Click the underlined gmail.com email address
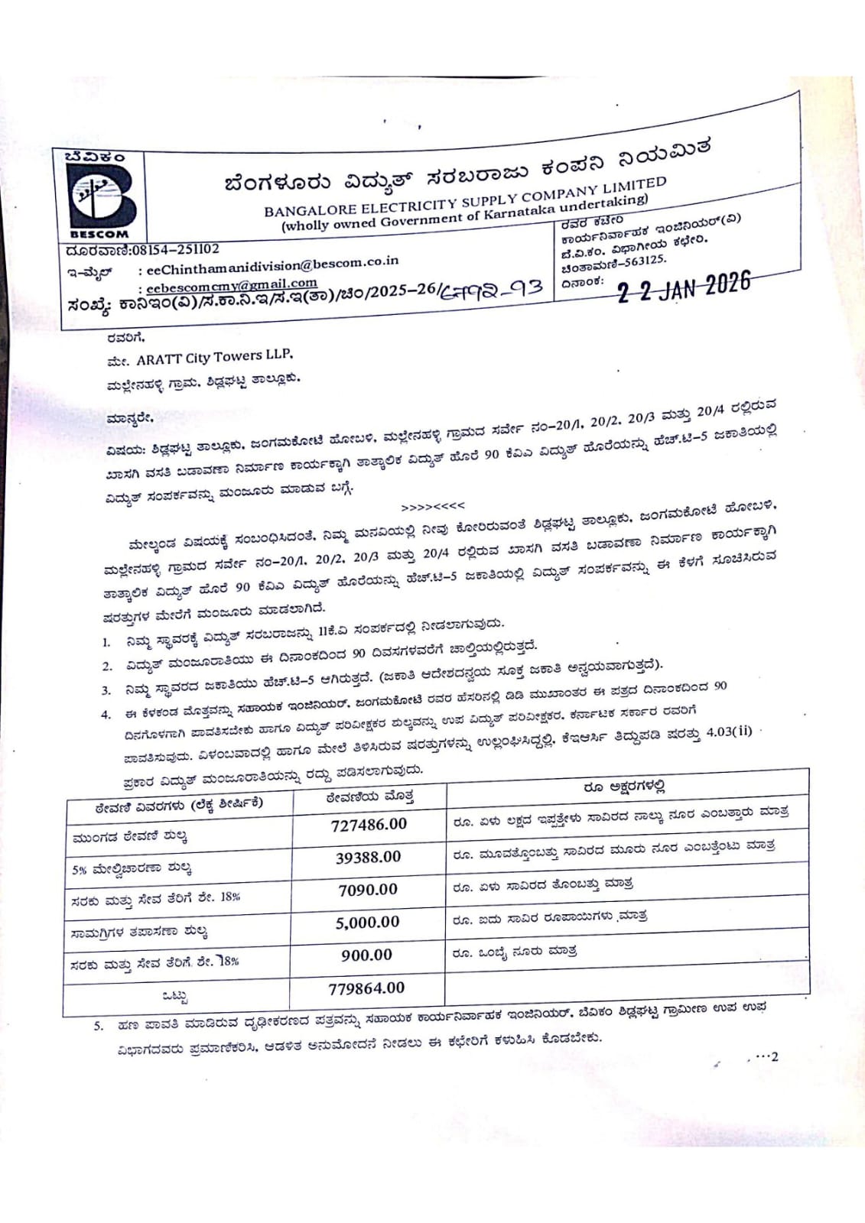click(x=231, y=285)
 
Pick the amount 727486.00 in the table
click(x=369, y=825)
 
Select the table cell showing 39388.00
click(x=368, y=858)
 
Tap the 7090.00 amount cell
click(x=368, y=890)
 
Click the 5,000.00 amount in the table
click(x=367, y=923)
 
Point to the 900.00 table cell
click(x=366, y=955)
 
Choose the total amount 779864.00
click(x=366, y=988)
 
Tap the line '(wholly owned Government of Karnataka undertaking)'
click(x=464, y=213)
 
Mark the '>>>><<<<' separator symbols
click(x=433, y=506)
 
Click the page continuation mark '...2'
click(x=766, y=1057)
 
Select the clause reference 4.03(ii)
click(x=730, y=732)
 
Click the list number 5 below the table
click(x=98, y=1026)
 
